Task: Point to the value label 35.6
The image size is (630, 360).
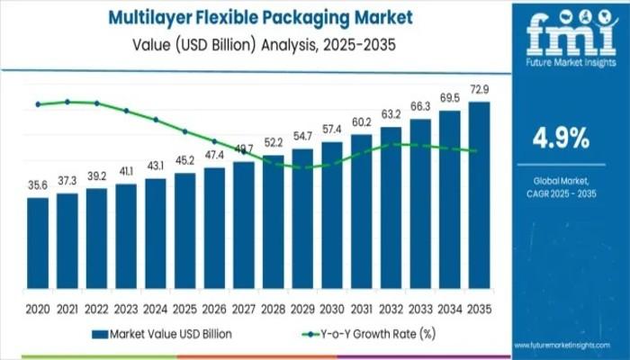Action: [x=38, y=185]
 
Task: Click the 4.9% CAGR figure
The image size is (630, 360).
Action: [x=562, y=139]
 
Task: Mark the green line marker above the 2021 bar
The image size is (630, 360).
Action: [x=67, y=102]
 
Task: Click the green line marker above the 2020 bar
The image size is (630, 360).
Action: [x=38, y=104]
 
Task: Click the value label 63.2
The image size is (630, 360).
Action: [x=391, y=115]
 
